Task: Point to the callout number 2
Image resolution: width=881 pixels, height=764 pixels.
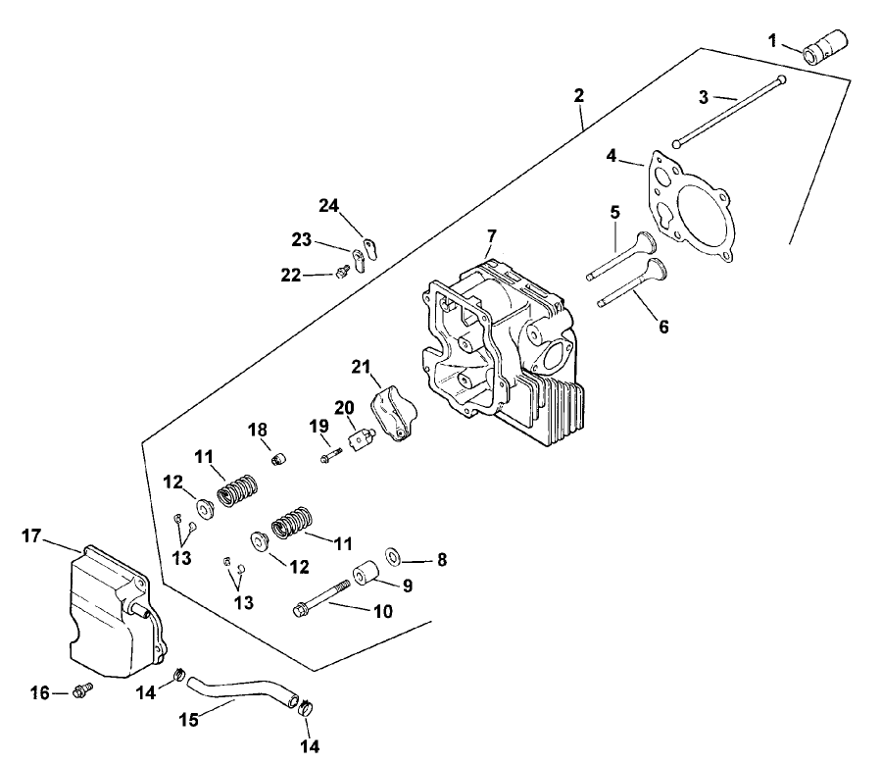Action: click(579, 95)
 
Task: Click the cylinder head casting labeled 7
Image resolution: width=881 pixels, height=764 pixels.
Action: click(500, 343)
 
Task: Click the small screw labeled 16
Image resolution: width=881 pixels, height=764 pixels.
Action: click(83, 690)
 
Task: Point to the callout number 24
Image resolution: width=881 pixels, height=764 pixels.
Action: click(328, 205)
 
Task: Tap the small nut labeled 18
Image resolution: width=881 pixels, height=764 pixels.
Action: click(276, 457)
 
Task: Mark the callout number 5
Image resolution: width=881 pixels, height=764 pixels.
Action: click(614, 211)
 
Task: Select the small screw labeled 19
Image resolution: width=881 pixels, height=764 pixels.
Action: click(329, 454)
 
